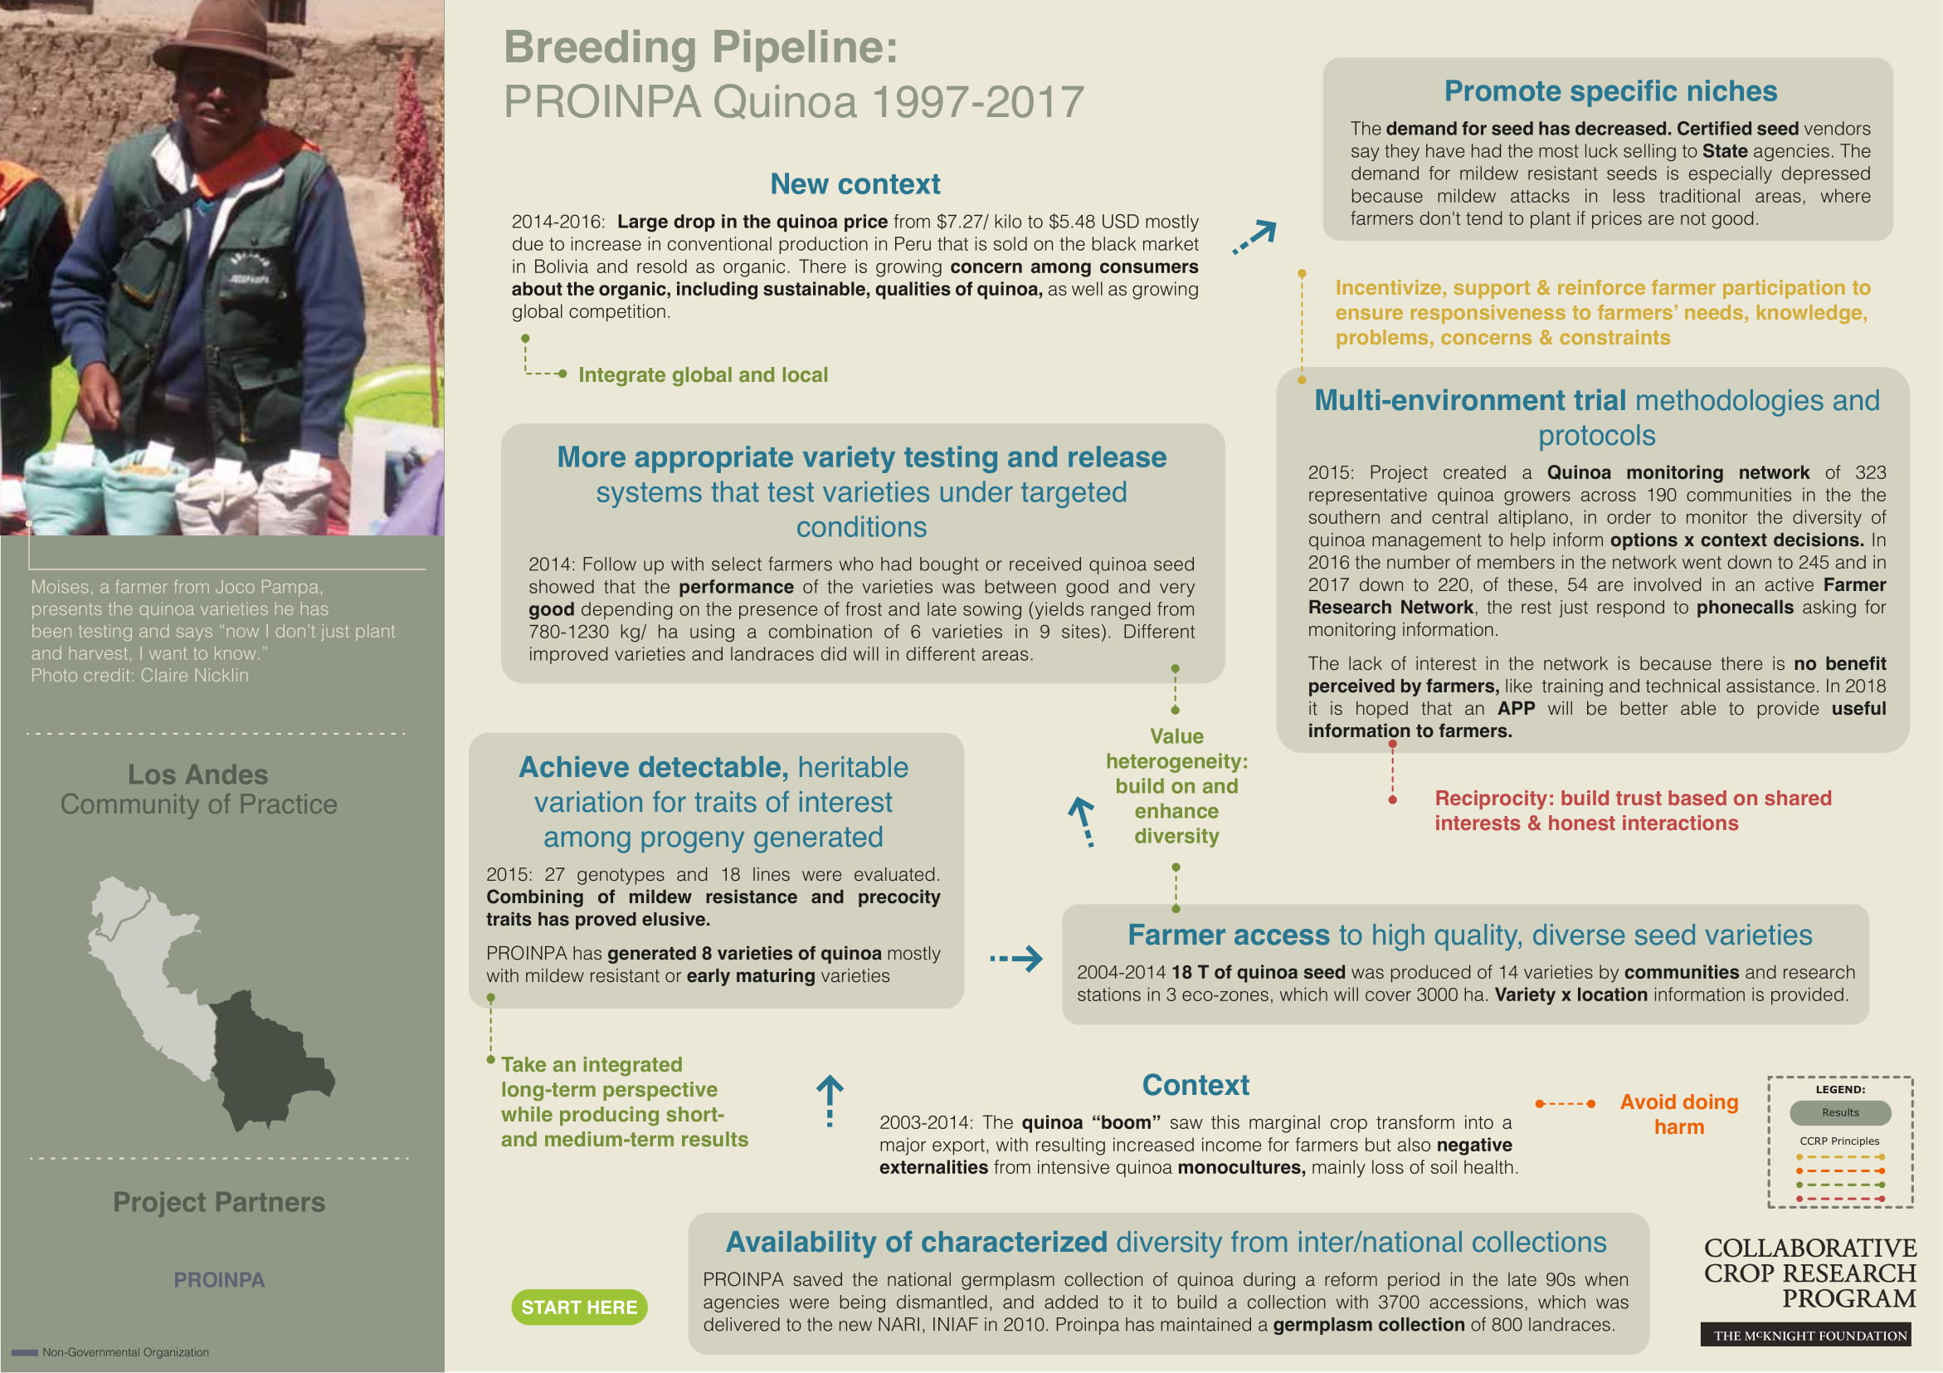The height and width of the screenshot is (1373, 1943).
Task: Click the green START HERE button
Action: pyautogui.click(x=579, y=1307)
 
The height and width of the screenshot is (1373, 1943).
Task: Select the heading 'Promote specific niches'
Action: pyautogui.click(x=1609, y=91)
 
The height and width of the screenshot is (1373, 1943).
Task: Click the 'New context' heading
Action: pyautogui.click(x=855, y=184)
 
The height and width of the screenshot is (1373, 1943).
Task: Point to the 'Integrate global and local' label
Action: pyautogui.click(x=703, y=375)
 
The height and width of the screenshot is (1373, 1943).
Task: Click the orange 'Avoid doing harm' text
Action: pyautogui.click(x=1678, y=1114)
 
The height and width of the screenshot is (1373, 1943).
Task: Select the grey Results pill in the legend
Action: pyautogui.click(x=1840, y=1112)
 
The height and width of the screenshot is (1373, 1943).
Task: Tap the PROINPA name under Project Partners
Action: pyautogui.click(x=219, y=1280)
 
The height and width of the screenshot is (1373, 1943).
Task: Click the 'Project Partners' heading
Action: pyautogui.click(x=219, y=1202)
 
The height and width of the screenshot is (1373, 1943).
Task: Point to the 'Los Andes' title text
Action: pyautogui.click(x=197, y=774)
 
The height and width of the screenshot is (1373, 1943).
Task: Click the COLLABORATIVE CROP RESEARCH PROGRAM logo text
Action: pyautogui.click(x=1809, y=1273)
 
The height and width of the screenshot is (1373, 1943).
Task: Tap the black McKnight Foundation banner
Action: pyautogui.click(x=1809, y=1336)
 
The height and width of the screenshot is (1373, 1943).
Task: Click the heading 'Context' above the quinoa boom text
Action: pyautogui.click(x=1195, y=1085)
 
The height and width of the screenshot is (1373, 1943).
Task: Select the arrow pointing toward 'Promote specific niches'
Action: pyautogui.click(x=1254, y=237)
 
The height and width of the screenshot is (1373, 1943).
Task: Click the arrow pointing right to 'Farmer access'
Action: pyautogui.click(x=1016, y=959)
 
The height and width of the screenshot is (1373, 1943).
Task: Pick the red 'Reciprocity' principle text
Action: pyautogui.click(x=1632, y=810)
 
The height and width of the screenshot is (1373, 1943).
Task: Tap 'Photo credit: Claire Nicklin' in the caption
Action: pyautogui.click(x=139, y=676)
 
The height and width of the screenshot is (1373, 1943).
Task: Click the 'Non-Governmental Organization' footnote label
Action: pyautogui.click(x=125, y=1353)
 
